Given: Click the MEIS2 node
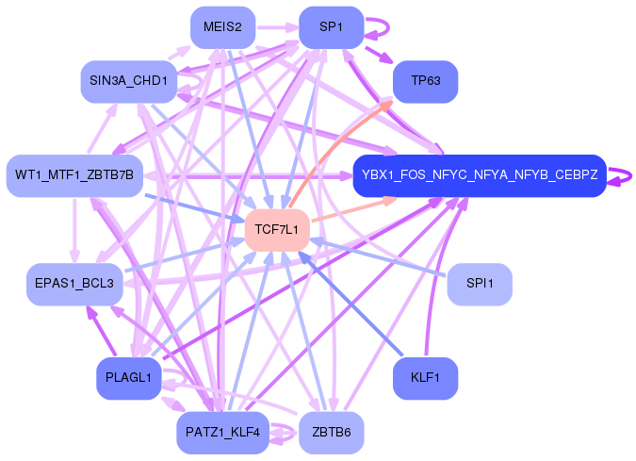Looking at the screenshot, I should tap(222, 27).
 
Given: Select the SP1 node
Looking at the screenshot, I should tap(331, 27).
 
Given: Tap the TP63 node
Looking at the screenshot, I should tap(425, 82).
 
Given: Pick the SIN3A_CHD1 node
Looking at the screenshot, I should tap(128, 82).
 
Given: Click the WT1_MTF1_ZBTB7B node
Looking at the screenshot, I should tap(73, 175).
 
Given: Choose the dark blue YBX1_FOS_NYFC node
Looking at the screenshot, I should tap(479, 175).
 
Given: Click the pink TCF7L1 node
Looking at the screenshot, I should tap(277, 230).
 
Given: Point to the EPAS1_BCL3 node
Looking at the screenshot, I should tap(70, 284).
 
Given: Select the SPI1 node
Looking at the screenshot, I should tap(480, 284).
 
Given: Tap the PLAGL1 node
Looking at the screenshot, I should tap(128, 378).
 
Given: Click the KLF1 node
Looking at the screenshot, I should tap(425, 378).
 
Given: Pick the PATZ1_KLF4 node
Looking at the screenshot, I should tap(222, 433).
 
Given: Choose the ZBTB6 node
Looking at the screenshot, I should tap(331, 433).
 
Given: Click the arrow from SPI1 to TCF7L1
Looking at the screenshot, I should tap(386, 258).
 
